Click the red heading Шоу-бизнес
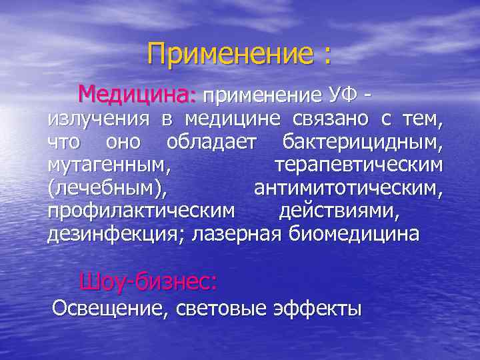pyautogui.click(x=148, y=282)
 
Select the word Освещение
pyautogui.click(x=110, y=309)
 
